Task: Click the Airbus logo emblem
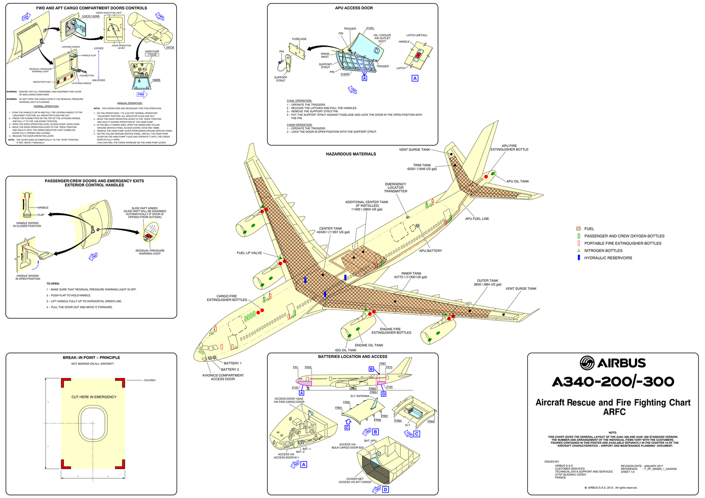pyautogui.click(x=587, y=363)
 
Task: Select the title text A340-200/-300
pyautogui.click(x=613, y=382)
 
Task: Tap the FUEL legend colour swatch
pyautogui.click(x=579, y=229)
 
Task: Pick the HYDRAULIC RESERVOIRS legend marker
pyautogui.click(x=579, y=258)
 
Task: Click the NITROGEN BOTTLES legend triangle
pyautogui.click(x=579, y=251)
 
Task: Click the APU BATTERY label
pyautogui.click(x=430, y=251)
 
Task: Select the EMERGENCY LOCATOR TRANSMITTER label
pyautogui.click(x=395, y=188)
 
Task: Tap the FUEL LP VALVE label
pyautogui.click(x=249, y=253)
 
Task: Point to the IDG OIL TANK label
pyautogui.click(x=345, y=350)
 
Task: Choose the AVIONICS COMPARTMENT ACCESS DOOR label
pyautogui.click(x=223, y=377)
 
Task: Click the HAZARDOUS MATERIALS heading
pyautogui.click(x=351, y=154)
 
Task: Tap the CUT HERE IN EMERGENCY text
pyautogui.click(x=94, y=397)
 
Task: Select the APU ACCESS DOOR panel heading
pyautogui.click(x=354, y=8)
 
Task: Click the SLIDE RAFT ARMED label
pyautogui.click(x=145, y=208)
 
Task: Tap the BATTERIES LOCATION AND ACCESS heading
pyautogui.click(x=352, y=357)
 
